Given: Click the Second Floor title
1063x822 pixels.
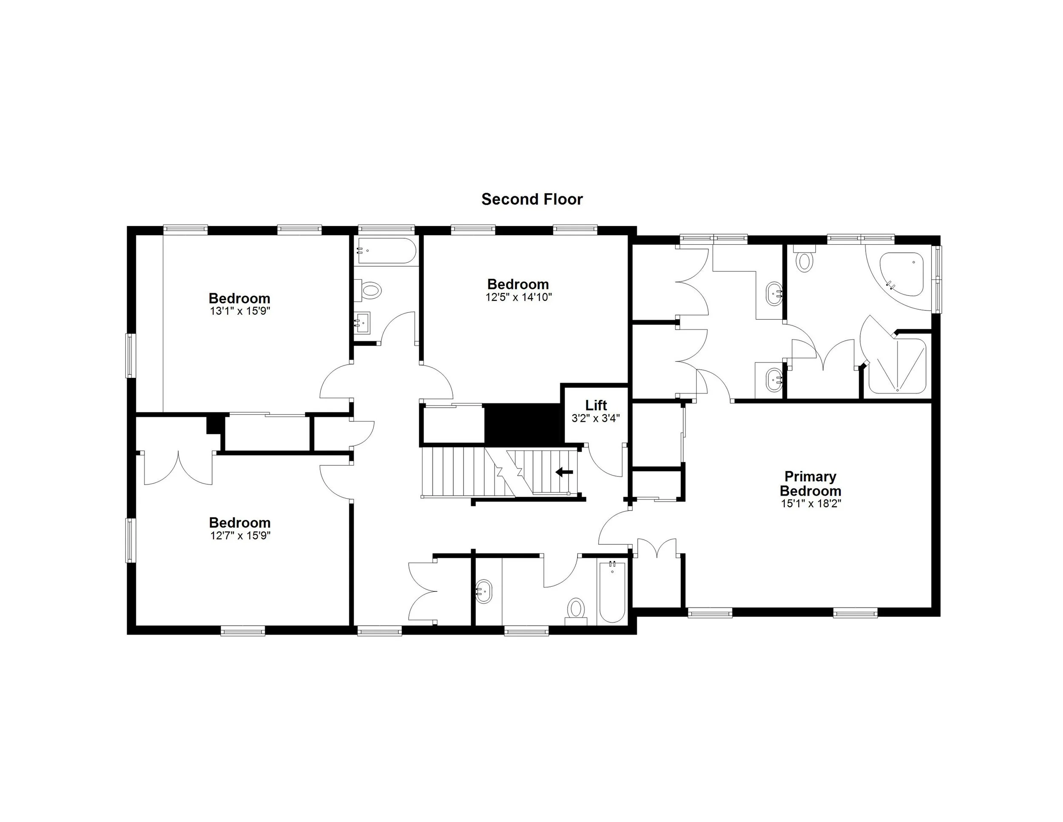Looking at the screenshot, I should tap(531, 199).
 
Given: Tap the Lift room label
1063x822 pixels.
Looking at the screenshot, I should tap(596, 405).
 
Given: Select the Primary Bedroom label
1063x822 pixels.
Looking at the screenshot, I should tap(810, 484).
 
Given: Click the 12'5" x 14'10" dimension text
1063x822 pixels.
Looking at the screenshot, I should tap(518, 297).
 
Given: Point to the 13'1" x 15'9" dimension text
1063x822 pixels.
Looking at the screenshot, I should tap(239, 311).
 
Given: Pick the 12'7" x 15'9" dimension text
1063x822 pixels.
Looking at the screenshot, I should tap(239, 536).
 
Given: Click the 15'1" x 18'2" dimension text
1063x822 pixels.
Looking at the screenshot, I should tap(811, 503).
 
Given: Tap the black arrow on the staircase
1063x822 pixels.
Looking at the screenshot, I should tap(564, 472).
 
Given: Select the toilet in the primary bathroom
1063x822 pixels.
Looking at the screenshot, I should tap(804, 259).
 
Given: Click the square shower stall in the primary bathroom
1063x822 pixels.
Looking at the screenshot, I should tap(897, 366).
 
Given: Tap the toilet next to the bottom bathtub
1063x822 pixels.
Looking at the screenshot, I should tap(576, 610).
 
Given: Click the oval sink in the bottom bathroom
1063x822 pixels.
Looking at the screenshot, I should tap(484, 591).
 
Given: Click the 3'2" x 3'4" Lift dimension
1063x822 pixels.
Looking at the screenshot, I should tap(596, 418).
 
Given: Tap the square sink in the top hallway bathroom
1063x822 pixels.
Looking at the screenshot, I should tap(362, 323).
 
